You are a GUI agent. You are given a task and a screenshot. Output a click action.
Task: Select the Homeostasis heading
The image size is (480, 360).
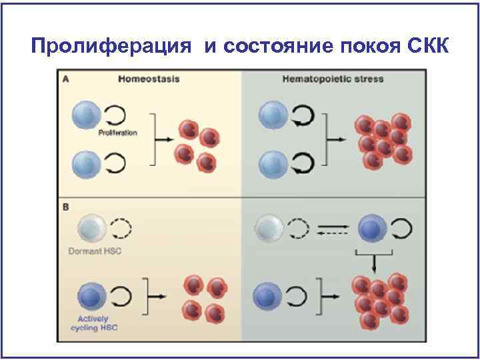[x=149, y=79]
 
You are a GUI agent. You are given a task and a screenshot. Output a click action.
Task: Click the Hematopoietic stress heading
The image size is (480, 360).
[x=333, y=79]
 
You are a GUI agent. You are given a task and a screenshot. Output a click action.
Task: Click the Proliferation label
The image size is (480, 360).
[x=118, y=133]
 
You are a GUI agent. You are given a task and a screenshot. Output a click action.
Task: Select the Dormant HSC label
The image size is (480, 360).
[x=97, y=251]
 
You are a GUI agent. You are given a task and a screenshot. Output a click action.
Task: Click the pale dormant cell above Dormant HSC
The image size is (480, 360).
[x=89, y=229]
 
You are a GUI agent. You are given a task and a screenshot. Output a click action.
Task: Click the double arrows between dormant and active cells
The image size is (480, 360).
[x=332, y=229]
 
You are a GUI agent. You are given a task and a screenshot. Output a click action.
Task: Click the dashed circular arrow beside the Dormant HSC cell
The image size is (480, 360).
[x=121, y=229]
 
